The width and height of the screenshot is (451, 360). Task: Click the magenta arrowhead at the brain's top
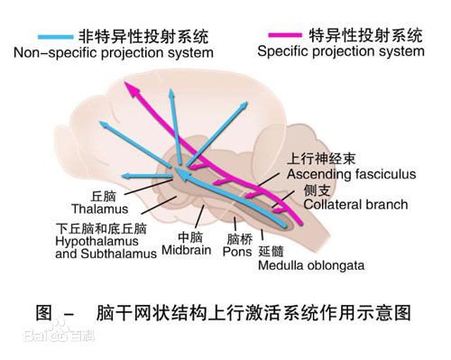click(x=131, y=88)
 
